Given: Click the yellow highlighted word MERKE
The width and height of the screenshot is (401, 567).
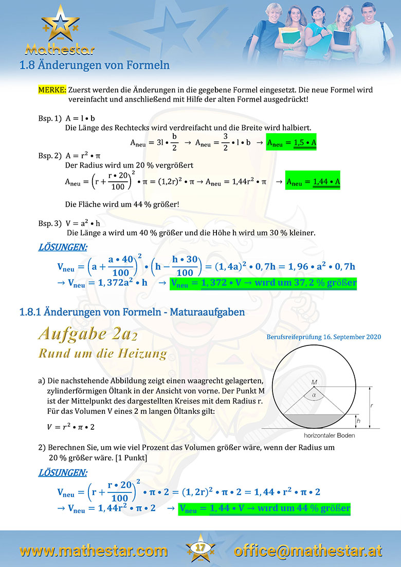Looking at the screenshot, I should (52, 89).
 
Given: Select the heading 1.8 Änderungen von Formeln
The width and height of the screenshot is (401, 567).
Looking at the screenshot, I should (94, 65).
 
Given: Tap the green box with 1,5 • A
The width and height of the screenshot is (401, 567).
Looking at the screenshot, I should (291, 143).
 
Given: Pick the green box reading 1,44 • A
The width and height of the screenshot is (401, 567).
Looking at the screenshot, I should (313, 182).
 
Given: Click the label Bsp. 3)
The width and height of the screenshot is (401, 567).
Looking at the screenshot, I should (49, 224).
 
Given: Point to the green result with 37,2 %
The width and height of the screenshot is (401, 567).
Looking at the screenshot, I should (263, 283).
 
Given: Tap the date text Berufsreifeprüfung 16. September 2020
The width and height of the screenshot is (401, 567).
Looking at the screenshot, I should (324, 337).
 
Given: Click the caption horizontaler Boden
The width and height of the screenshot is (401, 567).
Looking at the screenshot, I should (315, 435).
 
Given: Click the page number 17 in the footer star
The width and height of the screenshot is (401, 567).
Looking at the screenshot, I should (200, 549).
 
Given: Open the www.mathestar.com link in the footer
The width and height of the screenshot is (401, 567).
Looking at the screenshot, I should (94, 551).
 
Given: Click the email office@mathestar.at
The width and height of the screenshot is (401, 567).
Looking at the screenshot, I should (308, 551).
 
